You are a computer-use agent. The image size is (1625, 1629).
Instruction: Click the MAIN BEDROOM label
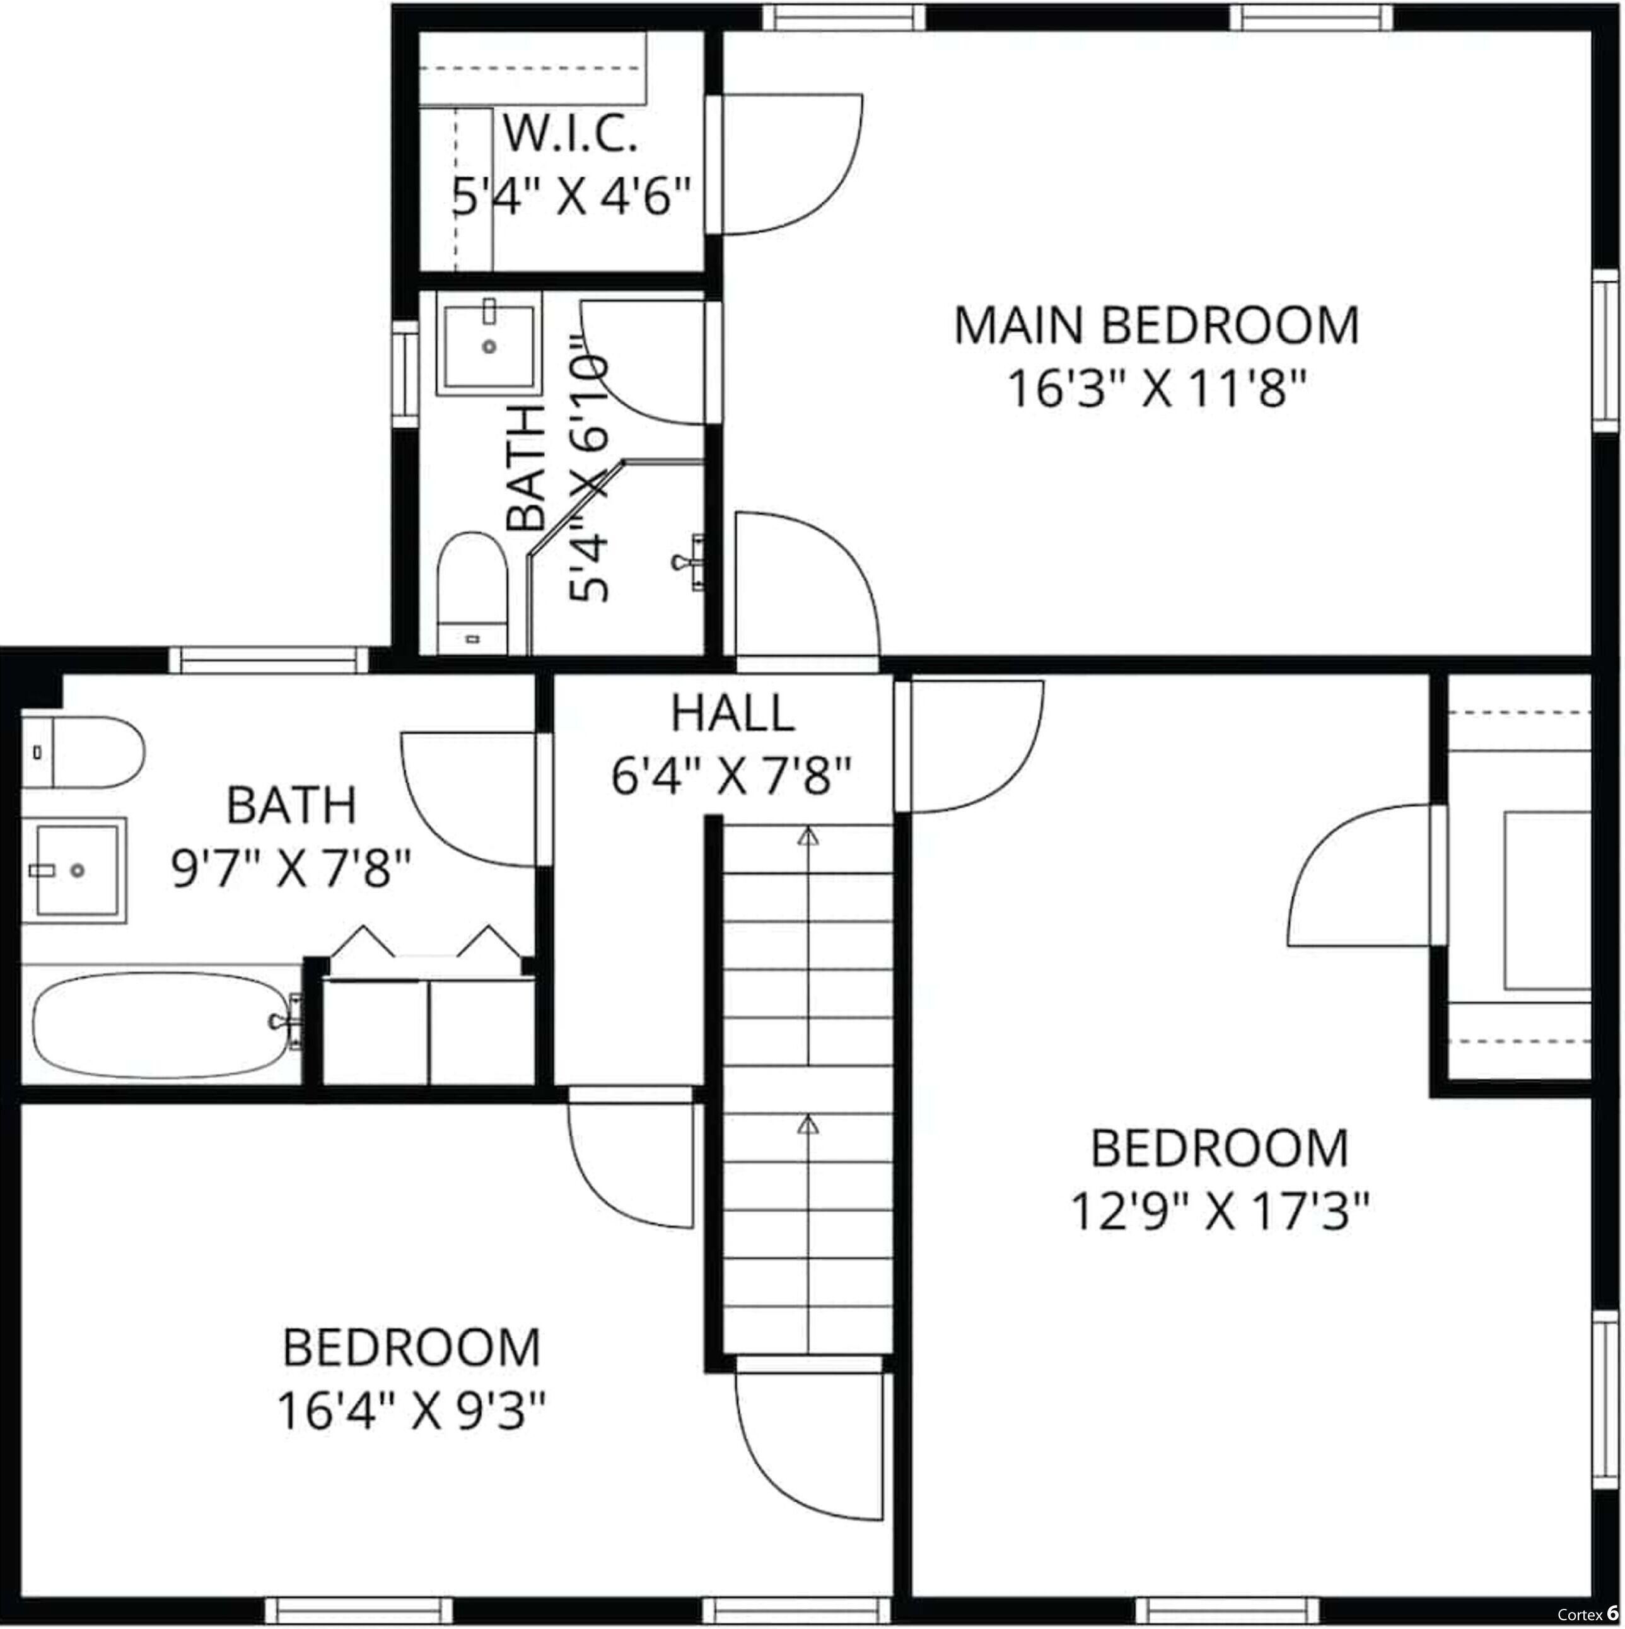click(x=1156, y=325)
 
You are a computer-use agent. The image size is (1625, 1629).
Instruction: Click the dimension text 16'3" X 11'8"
click(x=1156, y=390)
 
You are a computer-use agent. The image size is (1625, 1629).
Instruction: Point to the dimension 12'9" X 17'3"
click(x=1220, y=1212)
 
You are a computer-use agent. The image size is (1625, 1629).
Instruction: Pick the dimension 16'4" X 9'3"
click(x=411, y=1411)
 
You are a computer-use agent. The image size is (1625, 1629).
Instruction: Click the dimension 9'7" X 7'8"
click(x=291, y=868)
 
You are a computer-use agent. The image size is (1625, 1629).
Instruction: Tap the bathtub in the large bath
click(x=160, y=1025)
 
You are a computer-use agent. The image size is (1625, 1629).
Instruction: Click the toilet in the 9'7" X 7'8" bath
click(x=84, y=752)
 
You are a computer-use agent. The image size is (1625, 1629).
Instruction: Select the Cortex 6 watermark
click(x=1587, y=1614)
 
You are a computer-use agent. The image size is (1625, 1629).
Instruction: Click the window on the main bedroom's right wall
click(x=1605, y=350)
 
